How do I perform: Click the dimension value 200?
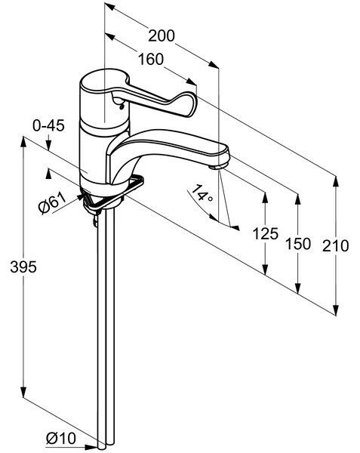pos(162,35)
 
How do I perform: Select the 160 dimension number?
pos(151,59)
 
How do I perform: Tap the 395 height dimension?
pos(23,267)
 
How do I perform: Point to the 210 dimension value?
pos(335,246)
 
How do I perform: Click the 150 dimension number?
pos(298,244)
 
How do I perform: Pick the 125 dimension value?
pos(266,233)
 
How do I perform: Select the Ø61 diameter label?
pos(52,203)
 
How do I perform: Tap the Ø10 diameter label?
pos(61,439)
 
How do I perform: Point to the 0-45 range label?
pos(48,126)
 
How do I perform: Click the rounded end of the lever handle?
pos(186,105)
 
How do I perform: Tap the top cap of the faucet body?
pos(104,81)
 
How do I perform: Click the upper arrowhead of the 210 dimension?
pos(336,182)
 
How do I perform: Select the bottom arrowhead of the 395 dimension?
pos(23,392)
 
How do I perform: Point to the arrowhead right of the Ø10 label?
pos(92,447)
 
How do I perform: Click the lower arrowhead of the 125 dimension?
pos(266,269)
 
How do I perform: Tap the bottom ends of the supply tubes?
pos(106,447)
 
